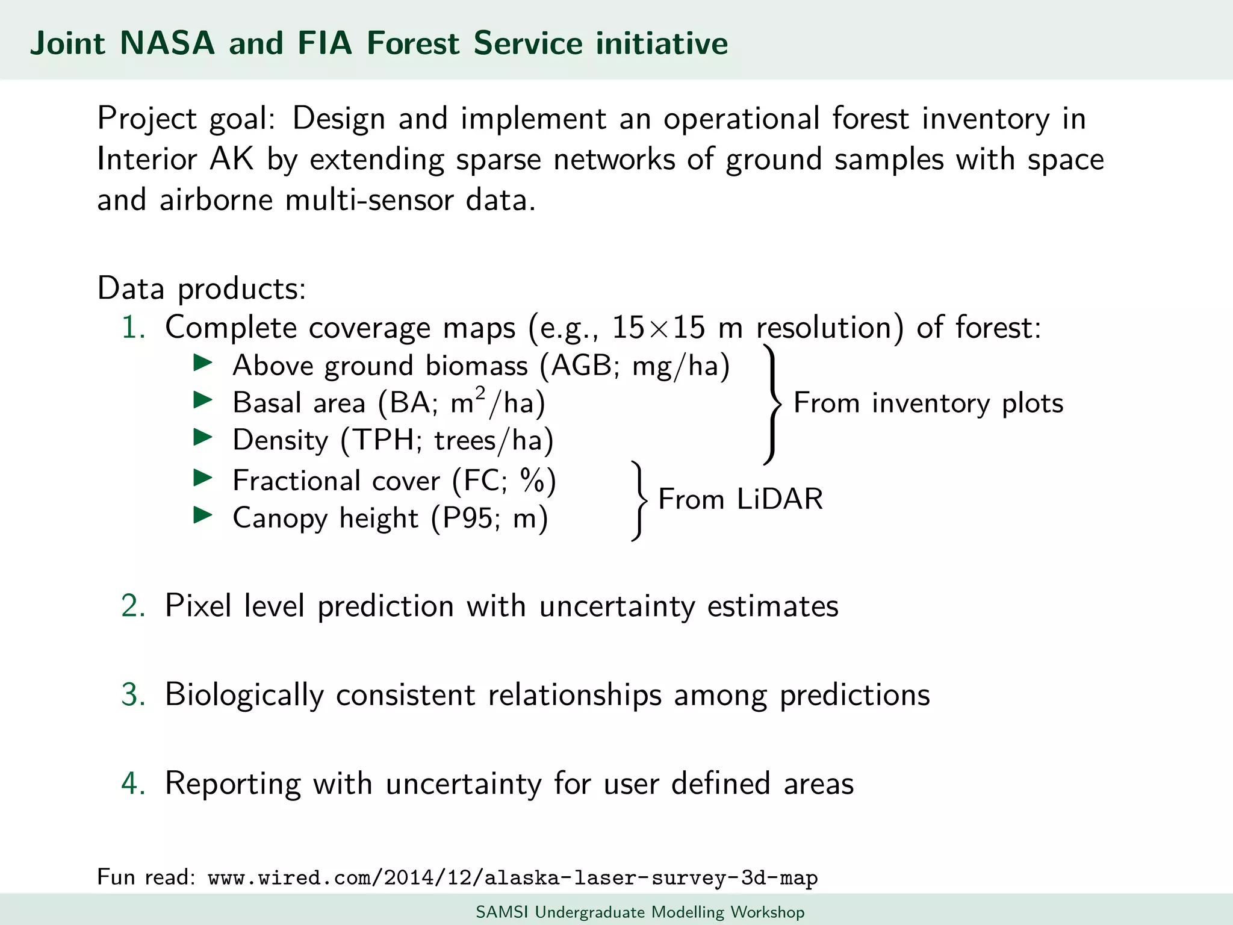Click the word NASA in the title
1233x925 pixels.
tap(167, 43)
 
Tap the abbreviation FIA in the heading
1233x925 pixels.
tap(324, 43)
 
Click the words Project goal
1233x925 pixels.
tap(186, 119)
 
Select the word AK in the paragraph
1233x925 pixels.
tap(232, 160)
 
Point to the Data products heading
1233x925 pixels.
tap(202, 289)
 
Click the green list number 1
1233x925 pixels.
tap(133, 328)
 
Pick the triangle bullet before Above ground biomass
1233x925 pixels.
tap(203, 363)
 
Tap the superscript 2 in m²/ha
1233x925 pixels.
tap(480, 393)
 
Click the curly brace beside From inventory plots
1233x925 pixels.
tap(773, 403)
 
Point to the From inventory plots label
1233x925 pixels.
tap(928, 403)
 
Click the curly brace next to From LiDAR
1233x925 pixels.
tap(640, 500)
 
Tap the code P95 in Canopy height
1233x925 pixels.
tap(468, 518)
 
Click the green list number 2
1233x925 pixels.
tap(133, 606)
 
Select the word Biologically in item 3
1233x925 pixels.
tap(244, 695)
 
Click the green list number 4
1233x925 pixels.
tap(133, 783)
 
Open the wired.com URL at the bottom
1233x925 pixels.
tap(512, 878)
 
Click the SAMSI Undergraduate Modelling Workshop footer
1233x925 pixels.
tap(640, 912)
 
